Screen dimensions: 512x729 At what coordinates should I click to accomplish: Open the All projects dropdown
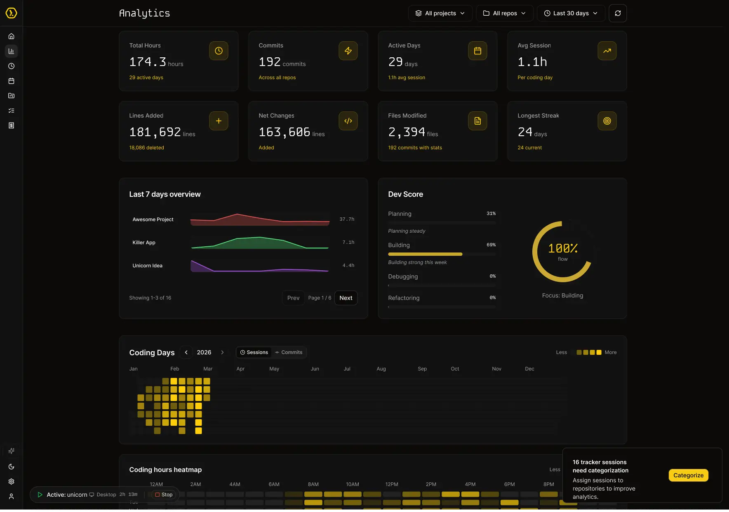click(440, 13)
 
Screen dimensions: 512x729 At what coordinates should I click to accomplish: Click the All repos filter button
click(504, 13)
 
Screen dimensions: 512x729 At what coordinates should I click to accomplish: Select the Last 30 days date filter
click(571, 13)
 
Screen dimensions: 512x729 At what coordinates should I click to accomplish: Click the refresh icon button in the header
click(618, 13)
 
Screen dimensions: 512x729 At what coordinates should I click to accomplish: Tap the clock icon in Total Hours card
click(219, 51)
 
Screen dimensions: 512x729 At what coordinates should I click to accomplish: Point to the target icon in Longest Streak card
click(607, 121)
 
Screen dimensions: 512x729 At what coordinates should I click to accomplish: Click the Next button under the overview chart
click(346, 298)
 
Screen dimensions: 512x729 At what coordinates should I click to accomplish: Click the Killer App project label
click(144, 243)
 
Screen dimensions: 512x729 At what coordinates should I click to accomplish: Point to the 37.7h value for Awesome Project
click(347, 219)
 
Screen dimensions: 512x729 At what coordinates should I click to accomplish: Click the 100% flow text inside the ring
click(562, 249)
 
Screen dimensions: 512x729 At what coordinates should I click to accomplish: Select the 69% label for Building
click(491, 245)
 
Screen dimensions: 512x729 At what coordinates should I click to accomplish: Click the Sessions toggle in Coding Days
click(254, 352)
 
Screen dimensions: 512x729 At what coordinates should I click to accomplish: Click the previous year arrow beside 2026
click(186, 352)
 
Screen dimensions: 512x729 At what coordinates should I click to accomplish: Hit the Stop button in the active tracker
click(164, 495)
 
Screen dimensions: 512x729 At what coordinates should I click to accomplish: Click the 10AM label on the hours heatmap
click(353, 484)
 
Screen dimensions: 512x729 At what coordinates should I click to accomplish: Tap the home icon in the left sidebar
click(12, 36)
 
